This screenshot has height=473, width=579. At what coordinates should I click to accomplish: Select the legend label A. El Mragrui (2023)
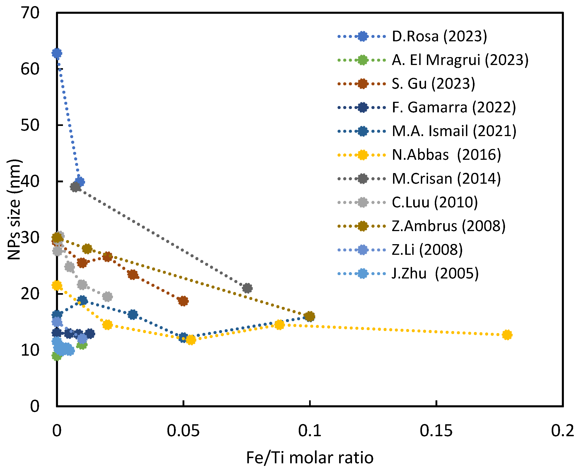[x=460, y=60]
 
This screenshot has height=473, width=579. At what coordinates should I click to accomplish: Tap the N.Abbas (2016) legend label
[x=446, y=155]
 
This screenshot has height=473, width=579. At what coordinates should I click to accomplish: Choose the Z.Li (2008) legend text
[x=427, y=250]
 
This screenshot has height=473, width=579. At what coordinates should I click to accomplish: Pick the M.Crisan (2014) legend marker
[x=362, y=179]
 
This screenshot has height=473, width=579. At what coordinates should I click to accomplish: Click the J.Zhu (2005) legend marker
[x=362, y=274]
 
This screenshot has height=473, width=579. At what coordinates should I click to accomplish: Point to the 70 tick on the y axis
[x=30, y=13]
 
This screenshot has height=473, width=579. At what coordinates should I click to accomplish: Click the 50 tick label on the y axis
[x=30, y=125]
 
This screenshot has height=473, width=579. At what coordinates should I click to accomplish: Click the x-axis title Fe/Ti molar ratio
[x=310, y=457]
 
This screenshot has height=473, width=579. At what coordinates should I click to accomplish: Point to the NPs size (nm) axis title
[x=14, y=209]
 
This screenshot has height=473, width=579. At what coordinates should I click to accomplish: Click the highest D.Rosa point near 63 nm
[x=57, y=53]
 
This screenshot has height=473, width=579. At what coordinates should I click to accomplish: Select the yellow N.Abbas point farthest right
[x=507, y=335]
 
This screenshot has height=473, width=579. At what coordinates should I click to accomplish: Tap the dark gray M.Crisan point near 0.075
[x=247, y=288]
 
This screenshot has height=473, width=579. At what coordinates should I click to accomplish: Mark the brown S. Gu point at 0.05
[x=183, y=301]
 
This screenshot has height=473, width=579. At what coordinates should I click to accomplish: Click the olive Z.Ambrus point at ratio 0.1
[x=310, y=316]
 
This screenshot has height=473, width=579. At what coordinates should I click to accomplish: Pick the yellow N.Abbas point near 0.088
[x=280, y=325]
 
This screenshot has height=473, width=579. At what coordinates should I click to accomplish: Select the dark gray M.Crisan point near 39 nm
[x=75, y=187]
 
